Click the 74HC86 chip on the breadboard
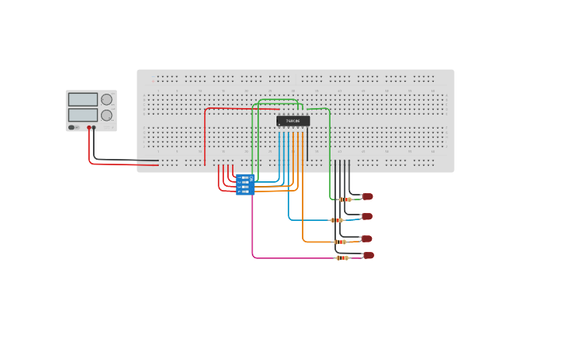point(293,121)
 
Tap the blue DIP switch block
point(244,184)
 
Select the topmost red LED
point(367,196)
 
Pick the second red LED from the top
point(366,216)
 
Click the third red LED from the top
point(366,238)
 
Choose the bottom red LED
point(368,255)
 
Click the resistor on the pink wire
point(342,257)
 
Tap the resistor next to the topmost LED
point(345,199)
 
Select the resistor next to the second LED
point(337,220)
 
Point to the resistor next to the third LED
point(340,242)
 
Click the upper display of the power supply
point(83,99)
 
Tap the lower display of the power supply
point(83,114)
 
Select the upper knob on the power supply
point(106,99)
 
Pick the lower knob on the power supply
point(106,115)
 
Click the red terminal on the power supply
point(89,127)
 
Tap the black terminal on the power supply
point(94,127)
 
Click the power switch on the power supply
point(72,127)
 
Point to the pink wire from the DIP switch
point(253,230)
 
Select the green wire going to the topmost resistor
point(330,159)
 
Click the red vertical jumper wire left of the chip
point(205,139)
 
